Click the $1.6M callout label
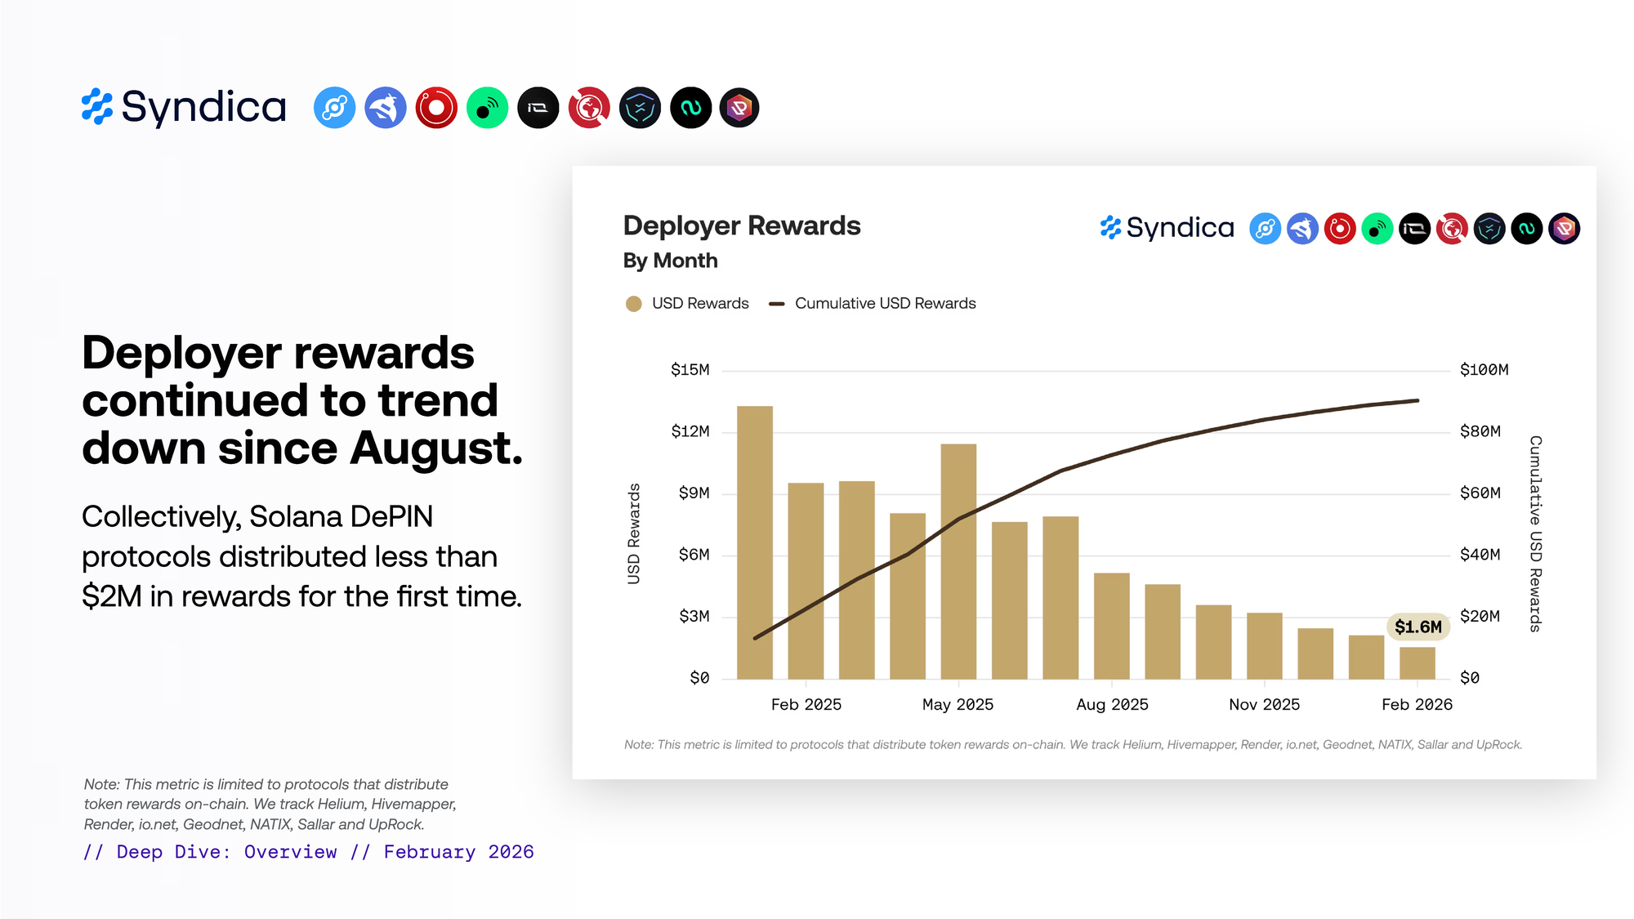(x=1417, y=627)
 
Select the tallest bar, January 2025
(x=754, y=542)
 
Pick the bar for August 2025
(x=1111, y=626)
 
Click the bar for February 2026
(x=1417, y=662)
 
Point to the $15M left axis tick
(x=690, y=370)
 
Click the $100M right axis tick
(x=1484, y=370)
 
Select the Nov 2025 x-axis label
(x=1264, y=704)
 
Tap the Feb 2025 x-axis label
(x=806, y=704)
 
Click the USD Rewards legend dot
(x=633, y=304)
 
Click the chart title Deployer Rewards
(x=741, y=225)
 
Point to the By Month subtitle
(x=670, y=261)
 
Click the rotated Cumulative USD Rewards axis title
(x=1535, y=533)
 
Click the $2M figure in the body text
(x=112, y=596)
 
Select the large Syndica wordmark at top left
(x=203, y=107)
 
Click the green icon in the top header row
(x=487, y=108)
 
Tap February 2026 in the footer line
(x=458, y=852)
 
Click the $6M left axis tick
(x=694, y=555)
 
